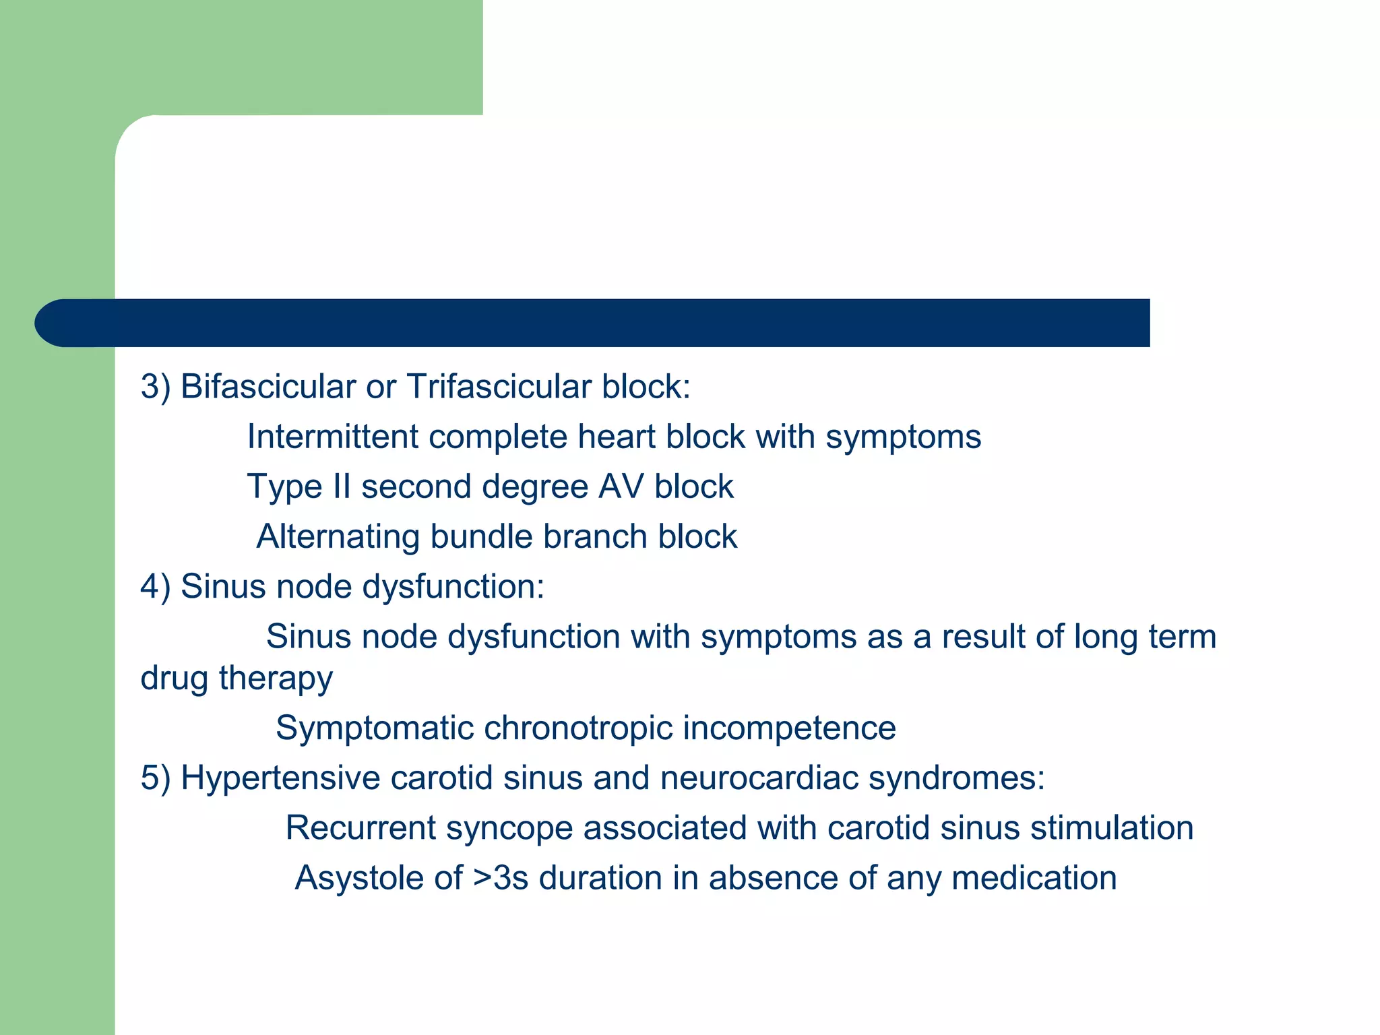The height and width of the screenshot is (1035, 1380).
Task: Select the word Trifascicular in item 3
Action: (498, 387)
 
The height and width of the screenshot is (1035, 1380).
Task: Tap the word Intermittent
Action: (333, 437)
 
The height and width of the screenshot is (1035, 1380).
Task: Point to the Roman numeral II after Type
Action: (342, 487)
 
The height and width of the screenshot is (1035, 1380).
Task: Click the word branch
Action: (595, 537)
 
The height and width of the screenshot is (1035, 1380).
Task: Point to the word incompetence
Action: (789, 728)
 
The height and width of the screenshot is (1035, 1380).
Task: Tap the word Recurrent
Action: (360, 828)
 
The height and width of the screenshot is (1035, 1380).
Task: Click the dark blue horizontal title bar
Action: (593, 323)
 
